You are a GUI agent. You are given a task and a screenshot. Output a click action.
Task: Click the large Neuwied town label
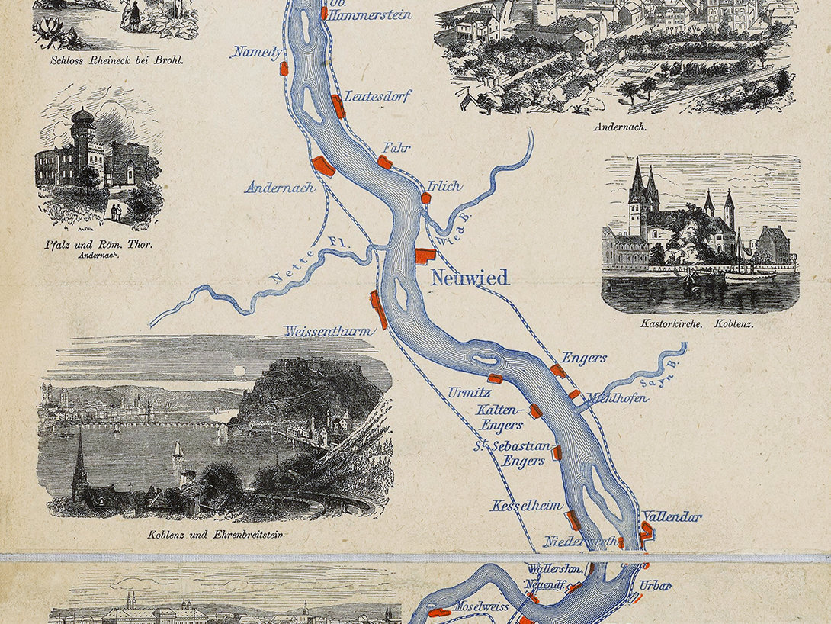coord(470,278)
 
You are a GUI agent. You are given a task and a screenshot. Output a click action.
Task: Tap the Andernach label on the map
coord(279,187)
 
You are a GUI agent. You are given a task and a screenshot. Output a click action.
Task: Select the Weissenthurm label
coord(329,331)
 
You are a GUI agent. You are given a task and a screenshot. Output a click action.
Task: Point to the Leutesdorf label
coord(378,96)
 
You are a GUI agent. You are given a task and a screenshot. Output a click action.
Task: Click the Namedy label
coord(258,52)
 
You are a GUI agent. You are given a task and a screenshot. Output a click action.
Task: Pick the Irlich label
coord(444,185)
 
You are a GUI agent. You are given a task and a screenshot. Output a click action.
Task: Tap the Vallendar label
coord(672,516)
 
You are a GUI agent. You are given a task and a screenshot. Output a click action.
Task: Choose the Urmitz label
coord(465,394)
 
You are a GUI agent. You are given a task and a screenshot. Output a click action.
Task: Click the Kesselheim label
coord(527,505)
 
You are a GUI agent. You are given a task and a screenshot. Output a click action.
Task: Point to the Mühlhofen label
coord(617,397)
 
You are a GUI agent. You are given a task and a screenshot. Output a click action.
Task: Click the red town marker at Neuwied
coord(424,256)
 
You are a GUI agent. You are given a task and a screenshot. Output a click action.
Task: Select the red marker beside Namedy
coord(284,68)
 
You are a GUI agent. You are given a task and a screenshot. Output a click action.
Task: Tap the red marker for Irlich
coord(426,198)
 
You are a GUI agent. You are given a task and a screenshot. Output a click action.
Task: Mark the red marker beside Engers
coord(558,371)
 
